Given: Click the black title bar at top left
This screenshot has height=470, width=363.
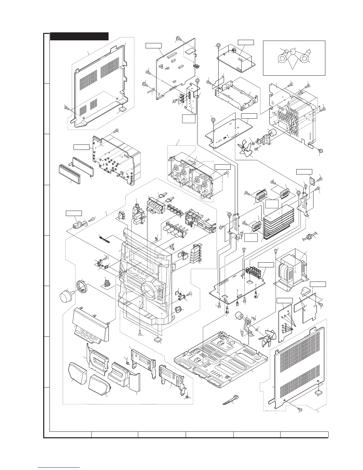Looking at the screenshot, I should pos(79,36).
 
